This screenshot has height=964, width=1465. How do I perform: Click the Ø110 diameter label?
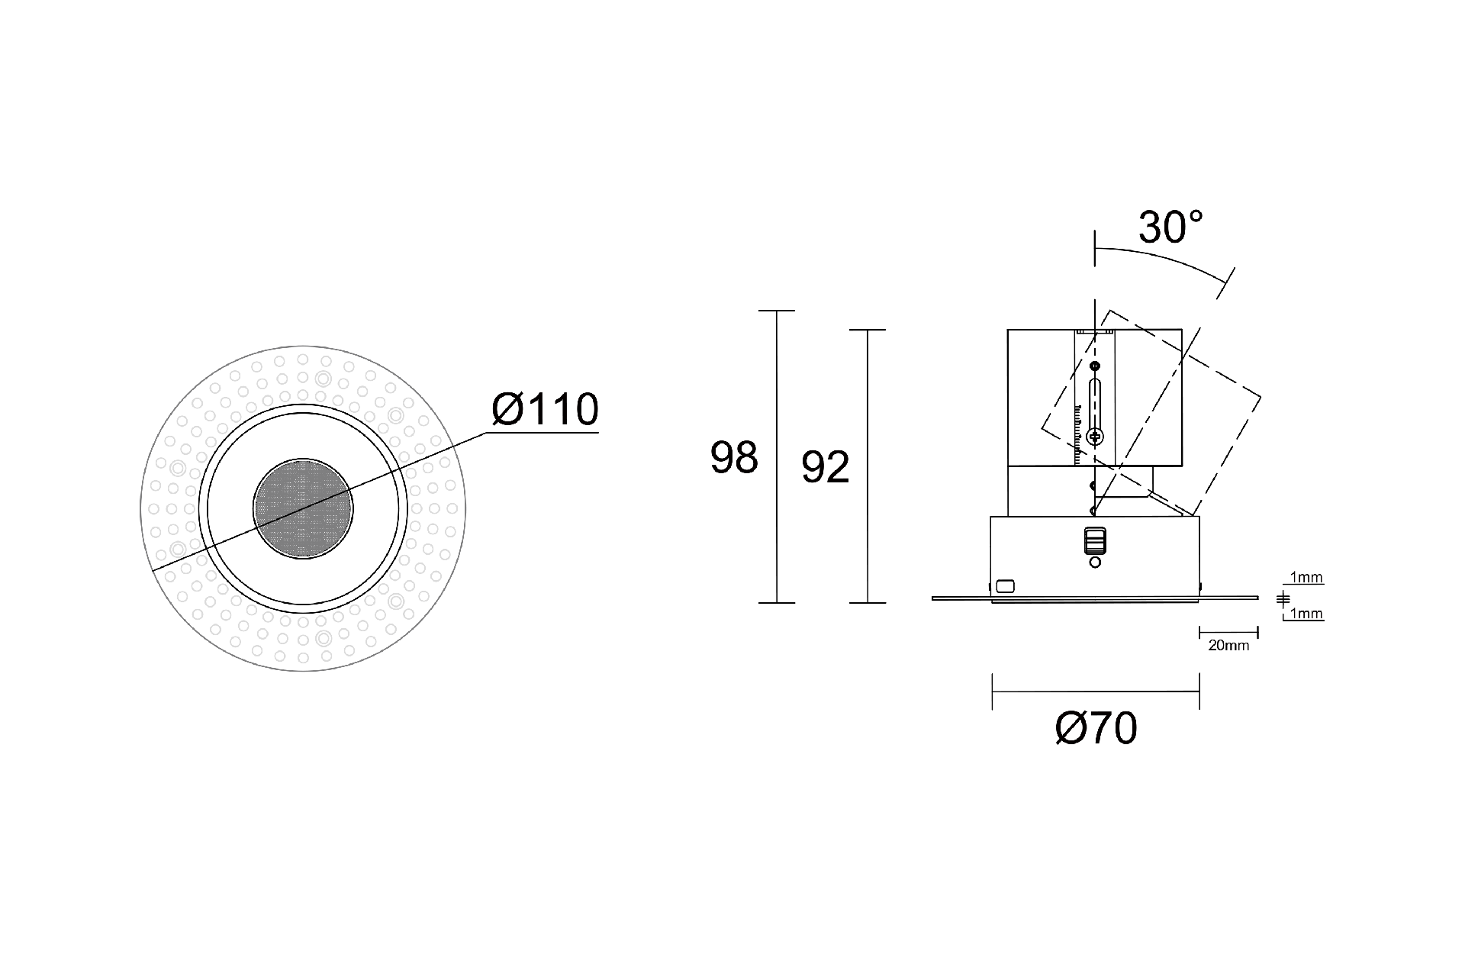click(x=545, y=410)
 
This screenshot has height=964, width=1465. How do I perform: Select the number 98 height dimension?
click(x=734, y=458)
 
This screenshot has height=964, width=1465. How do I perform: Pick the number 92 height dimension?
click(x=825, y=467)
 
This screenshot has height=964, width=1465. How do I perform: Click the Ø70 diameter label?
click(x=1096, y=728)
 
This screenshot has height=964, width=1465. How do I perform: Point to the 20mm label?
click(x=1228, y=646)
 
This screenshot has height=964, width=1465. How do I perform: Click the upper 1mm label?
click(x=1306, y=578)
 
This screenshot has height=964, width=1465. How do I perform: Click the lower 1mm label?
click(x=1306, y=614)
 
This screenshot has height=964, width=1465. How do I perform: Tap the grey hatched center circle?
click(x=303, y=509)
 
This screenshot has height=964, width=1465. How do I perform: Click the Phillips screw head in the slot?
click(x=1096, y=437)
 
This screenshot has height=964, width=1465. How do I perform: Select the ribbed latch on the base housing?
click(x=1095, y=540)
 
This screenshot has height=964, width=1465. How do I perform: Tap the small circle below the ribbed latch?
click(x=1095, y=563)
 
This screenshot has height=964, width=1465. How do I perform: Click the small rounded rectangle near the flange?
click(x=1006, y=586)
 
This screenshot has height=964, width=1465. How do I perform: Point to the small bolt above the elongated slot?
click(x=1096, y=366)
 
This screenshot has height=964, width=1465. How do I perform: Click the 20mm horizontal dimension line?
click(x=1228, y=632)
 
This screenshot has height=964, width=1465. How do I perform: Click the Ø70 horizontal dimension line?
click(x=1096, y=692)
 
